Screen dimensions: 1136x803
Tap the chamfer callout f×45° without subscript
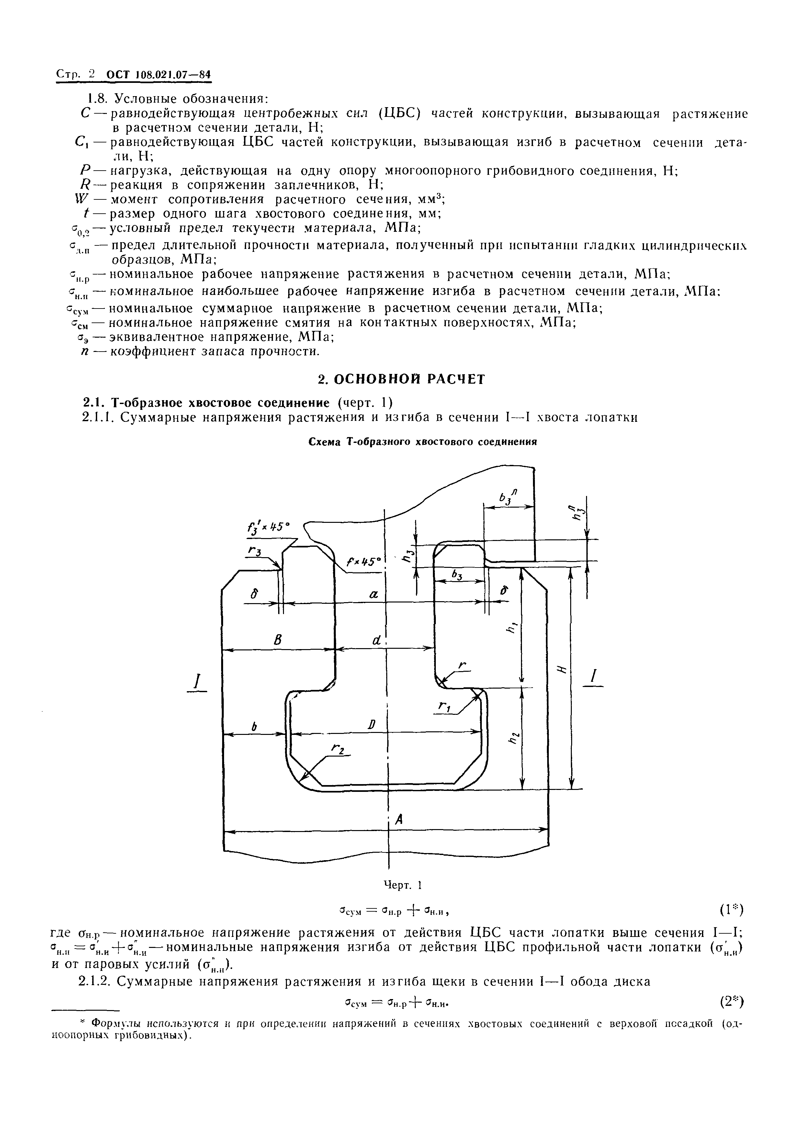[x=365, y=562]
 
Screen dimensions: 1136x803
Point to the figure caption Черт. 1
[x=402, y=885]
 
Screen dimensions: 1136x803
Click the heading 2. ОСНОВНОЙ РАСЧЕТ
[x=401, y=379]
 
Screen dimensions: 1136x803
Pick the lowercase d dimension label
[x=377, y=640]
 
